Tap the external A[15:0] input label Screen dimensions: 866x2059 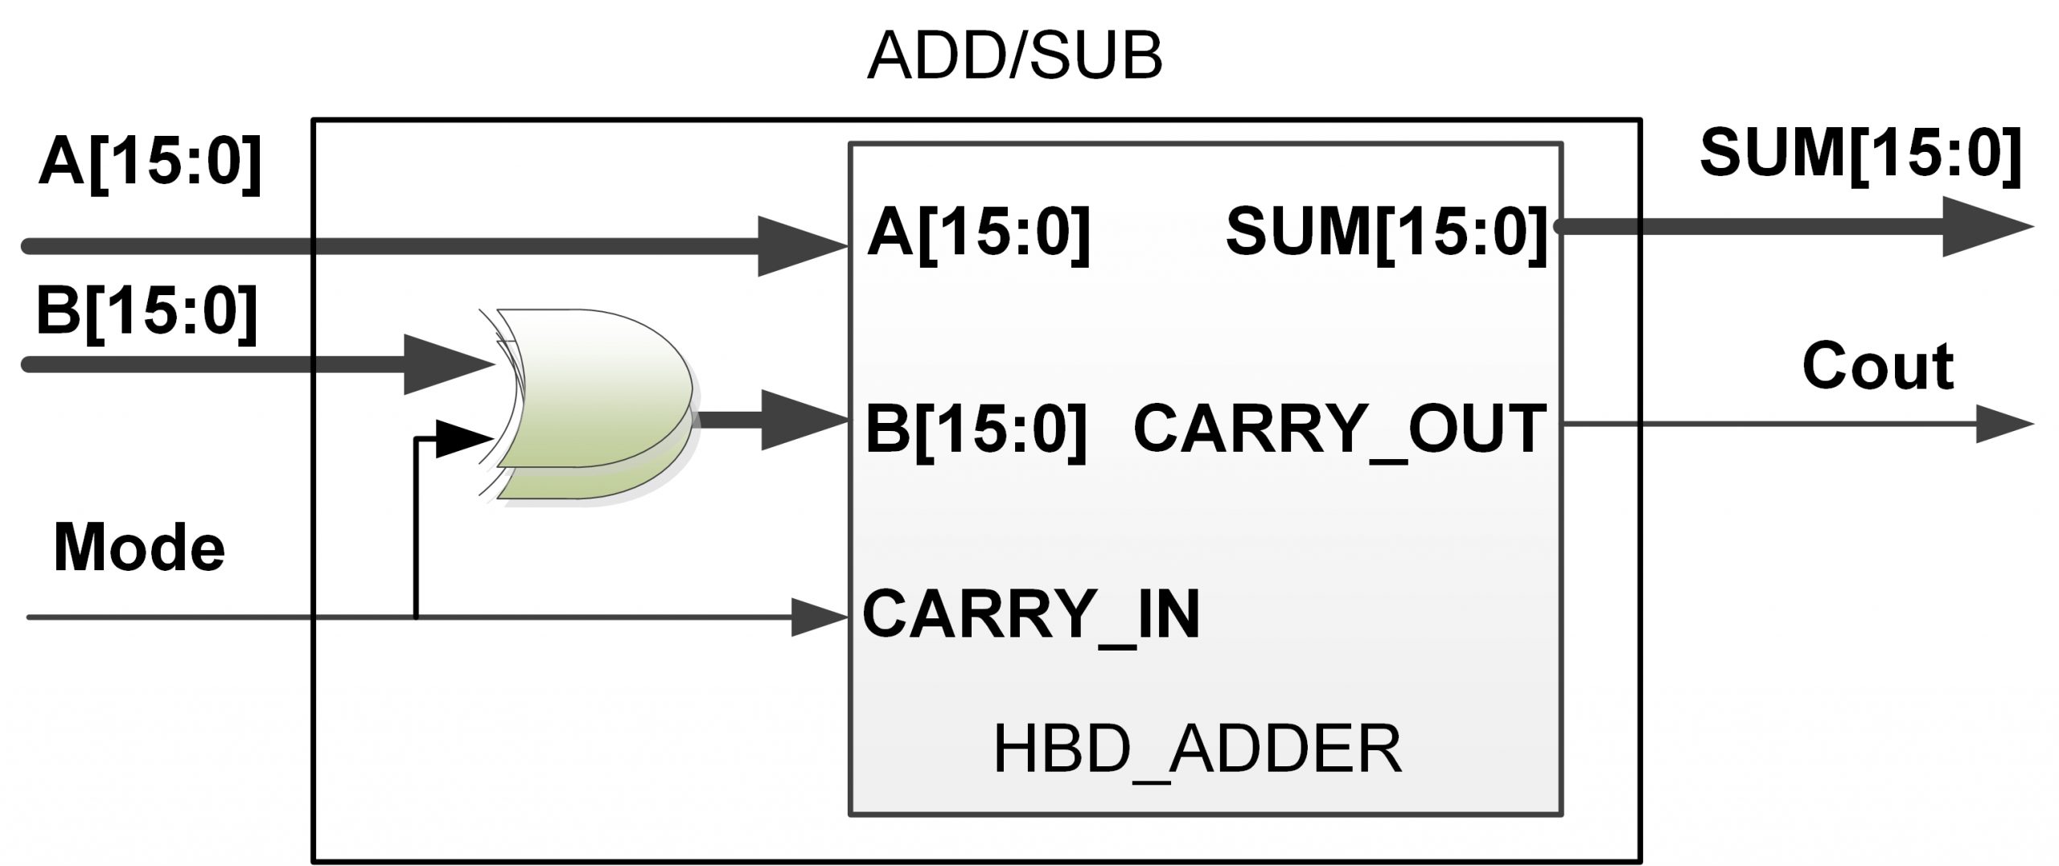coord(150,164)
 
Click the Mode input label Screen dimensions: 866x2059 coord(138,548)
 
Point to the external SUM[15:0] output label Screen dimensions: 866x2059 coord(1860,154)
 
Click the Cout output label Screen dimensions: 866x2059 coord(1878,367)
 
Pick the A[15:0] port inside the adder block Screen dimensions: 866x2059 coord(978,233)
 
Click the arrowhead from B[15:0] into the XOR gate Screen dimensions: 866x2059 coord(447,364)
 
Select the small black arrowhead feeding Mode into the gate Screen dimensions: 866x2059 coord(462,439)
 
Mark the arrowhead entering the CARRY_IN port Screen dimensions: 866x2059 coord(819,618)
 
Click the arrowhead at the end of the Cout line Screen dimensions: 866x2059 coord(2002,425)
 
